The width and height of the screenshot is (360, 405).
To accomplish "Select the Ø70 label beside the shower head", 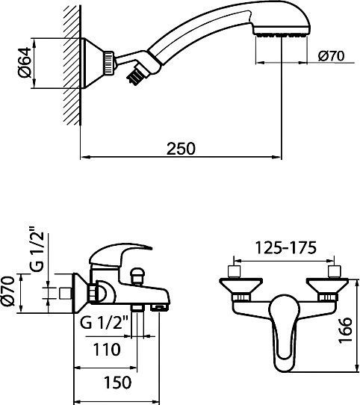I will [x=329, y=56].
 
